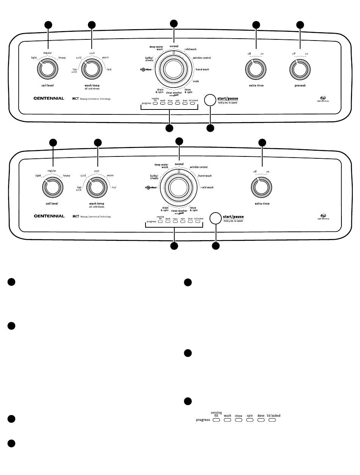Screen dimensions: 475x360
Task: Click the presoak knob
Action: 301,69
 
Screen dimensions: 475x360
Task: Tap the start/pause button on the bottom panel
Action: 215,218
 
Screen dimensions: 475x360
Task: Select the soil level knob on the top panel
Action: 48,69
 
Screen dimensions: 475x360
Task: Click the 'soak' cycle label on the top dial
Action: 196,81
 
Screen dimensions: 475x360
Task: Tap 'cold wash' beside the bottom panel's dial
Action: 207,187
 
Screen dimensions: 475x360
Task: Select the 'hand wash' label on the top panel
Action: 202,70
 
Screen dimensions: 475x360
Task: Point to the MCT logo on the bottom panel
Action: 76,217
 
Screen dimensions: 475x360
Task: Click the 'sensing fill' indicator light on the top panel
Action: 155,103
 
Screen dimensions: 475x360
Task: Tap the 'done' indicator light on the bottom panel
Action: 190,222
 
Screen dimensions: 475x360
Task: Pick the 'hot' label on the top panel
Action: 110,70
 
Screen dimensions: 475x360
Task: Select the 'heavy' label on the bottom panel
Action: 67,176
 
